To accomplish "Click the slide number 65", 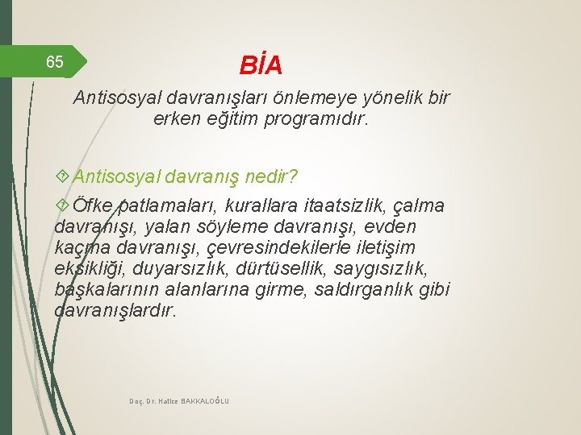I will pyautogui.click(x=55, y=62).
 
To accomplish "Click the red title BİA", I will pyautogui.click(x=261, y=64).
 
